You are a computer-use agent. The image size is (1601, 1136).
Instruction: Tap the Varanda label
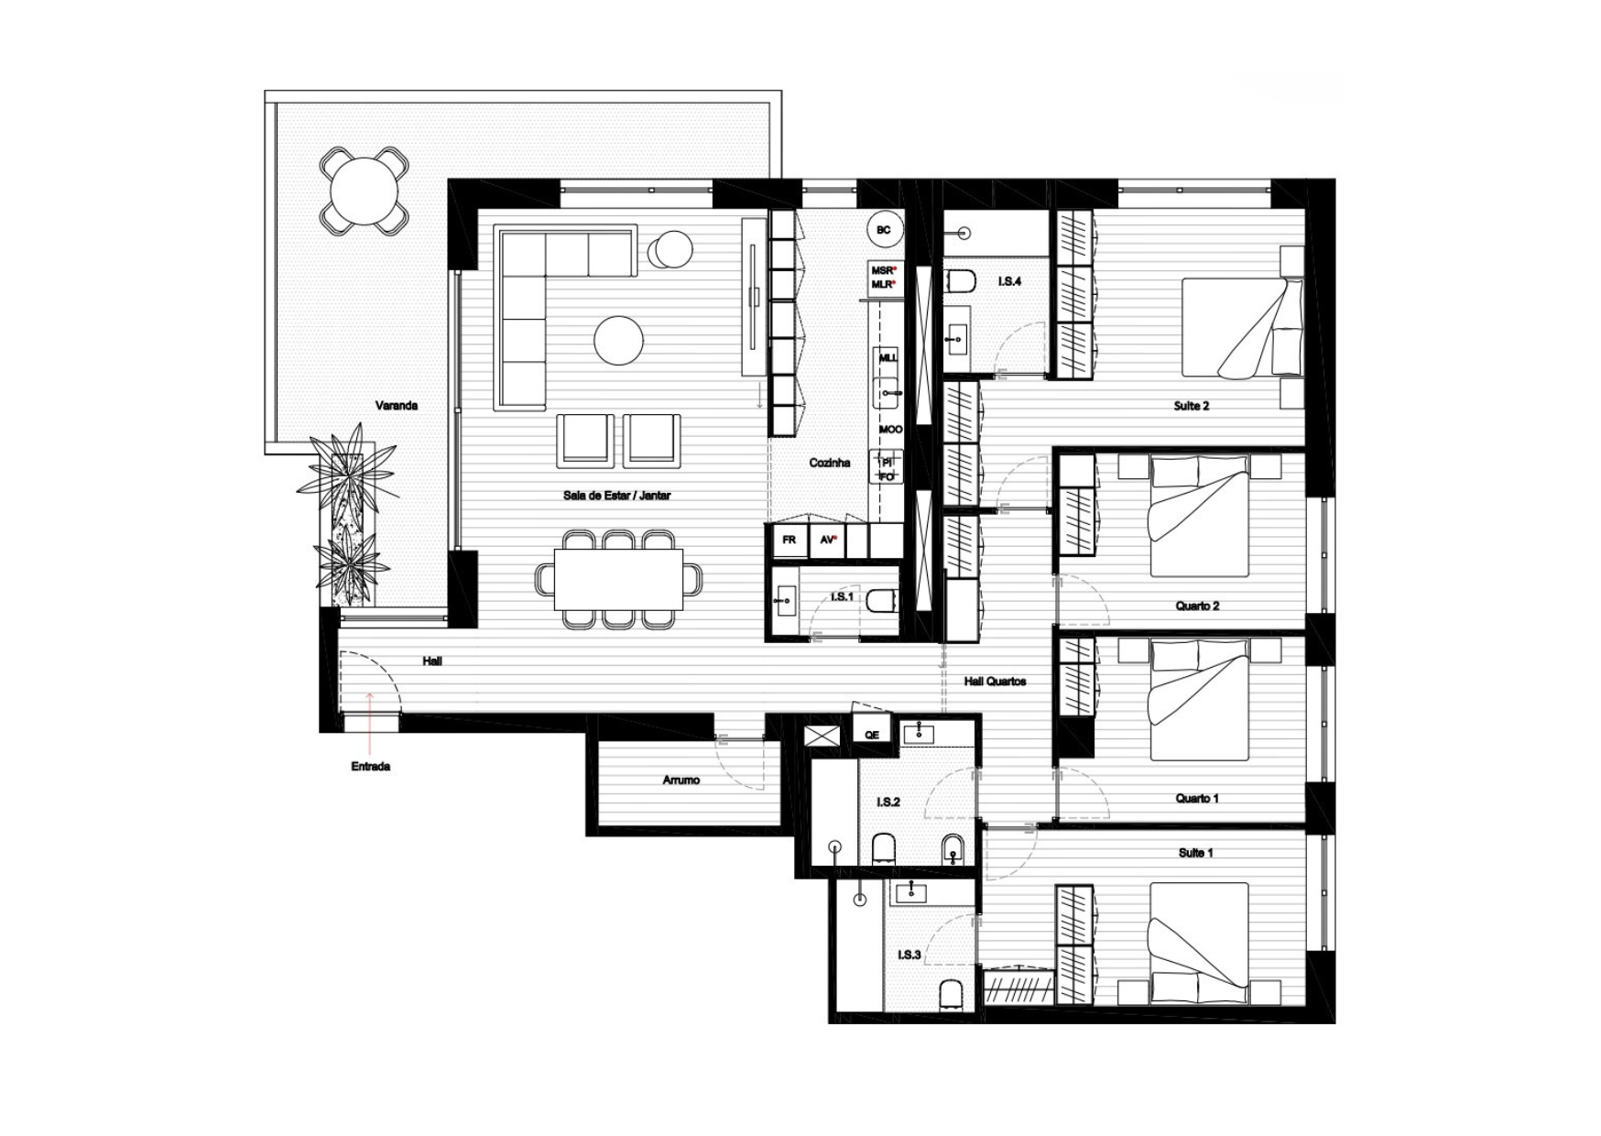[397, 405]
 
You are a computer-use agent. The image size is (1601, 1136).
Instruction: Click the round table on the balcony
[365, 191]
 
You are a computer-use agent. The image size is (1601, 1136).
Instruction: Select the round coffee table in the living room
[619, 341]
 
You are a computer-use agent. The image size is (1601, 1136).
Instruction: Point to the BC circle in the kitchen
[884, 230]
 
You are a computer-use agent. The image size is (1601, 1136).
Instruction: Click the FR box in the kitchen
[789, 541]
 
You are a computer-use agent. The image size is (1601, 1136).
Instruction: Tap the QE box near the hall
[872, 734]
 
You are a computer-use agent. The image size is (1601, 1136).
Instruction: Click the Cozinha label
[830, 463]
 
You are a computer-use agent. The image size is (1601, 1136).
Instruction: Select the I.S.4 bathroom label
[1009, 281]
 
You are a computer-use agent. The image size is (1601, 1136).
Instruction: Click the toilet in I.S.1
[880, 601]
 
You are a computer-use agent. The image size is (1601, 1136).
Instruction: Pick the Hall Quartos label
[995, 682]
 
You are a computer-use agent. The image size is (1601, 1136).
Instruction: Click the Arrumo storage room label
[681, 781]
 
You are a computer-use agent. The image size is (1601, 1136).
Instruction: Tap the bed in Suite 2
[1242, 328]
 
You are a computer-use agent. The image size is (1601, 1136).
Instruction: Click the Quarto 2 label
[1197, 606]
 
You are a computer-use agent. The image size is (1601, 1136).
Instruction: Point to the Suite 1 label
[1195, 853]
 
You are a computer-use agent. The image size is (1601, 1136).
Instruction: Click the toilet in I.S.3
[952, 994]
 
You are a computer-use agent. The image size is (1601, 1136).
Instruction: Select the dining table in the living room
[619, 579]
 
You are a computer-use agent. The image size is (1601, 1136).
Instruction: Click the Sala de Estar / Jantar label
[617, 496]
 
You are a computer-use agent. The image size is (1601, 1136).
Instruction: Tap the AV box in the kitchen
[828, 541]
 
